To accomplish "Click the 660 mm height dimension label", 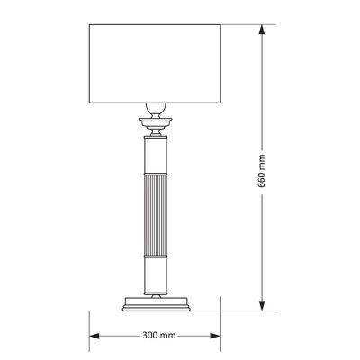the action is (262, 171).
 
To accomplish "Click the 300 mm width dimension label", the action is (159, 335).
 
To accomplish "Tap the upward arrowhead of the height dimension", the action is (262, 30).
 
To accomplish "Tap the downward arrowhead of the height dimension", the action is (262, 305).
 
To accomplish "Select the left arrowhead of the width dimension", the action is (94, 336).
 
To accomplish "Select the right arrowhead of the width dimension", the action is (215, 336).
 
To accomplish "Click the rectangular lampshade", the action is (155, 64).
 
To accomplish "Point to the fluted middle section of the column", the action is (156, 215).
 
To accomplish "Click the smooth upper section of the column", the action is (156, 156).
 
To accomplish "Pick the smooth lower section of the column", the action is (156, 275).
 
